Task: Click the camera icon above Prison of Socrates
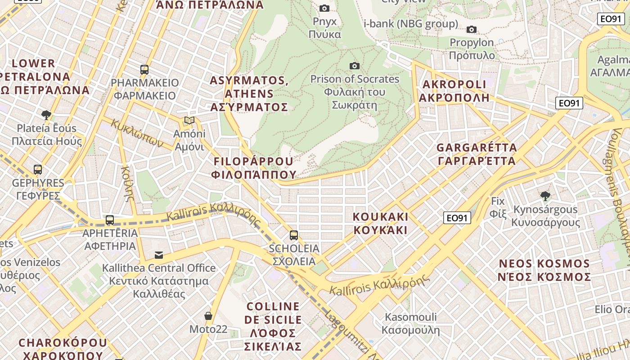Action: (x=355, y=66)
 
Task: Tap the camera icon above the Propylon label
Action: (x=472, y=30)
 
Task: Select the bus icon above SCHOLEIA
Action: (x=294, y=235)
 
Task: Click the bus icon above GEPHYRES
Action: (x=38, y=170)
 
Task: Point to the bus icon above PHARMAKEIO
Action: (x=144, y=70)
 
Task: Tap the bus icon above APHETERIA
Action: (x=110, y=220)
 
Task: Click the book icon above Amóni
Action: (x=189, y=121)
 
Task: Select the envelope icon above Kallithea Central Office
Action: (x=159, y=255)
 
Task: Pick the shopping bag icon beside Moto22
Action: (x=208, y=316)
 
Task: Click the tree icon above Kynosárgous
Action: (x=545, y=196)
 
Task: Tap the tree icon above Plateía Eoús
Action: (x=46, y=115)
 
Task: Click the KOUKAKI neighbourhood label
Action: (x=380, y=224)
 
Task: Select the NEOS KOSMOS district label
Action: (x=544, y=270)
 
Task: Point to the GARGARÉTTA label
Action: (x=477, y=154)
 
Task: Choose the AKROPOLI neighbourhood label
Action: (x=454, y=91)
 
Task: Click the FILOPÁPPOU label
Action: (x=255, y=168)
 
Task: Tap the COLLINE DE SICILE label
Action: (x=273, y=326)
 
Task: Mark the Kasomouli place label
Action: (x=410, y=324)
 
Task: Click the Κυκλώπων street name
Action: (x=137, y=133)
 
